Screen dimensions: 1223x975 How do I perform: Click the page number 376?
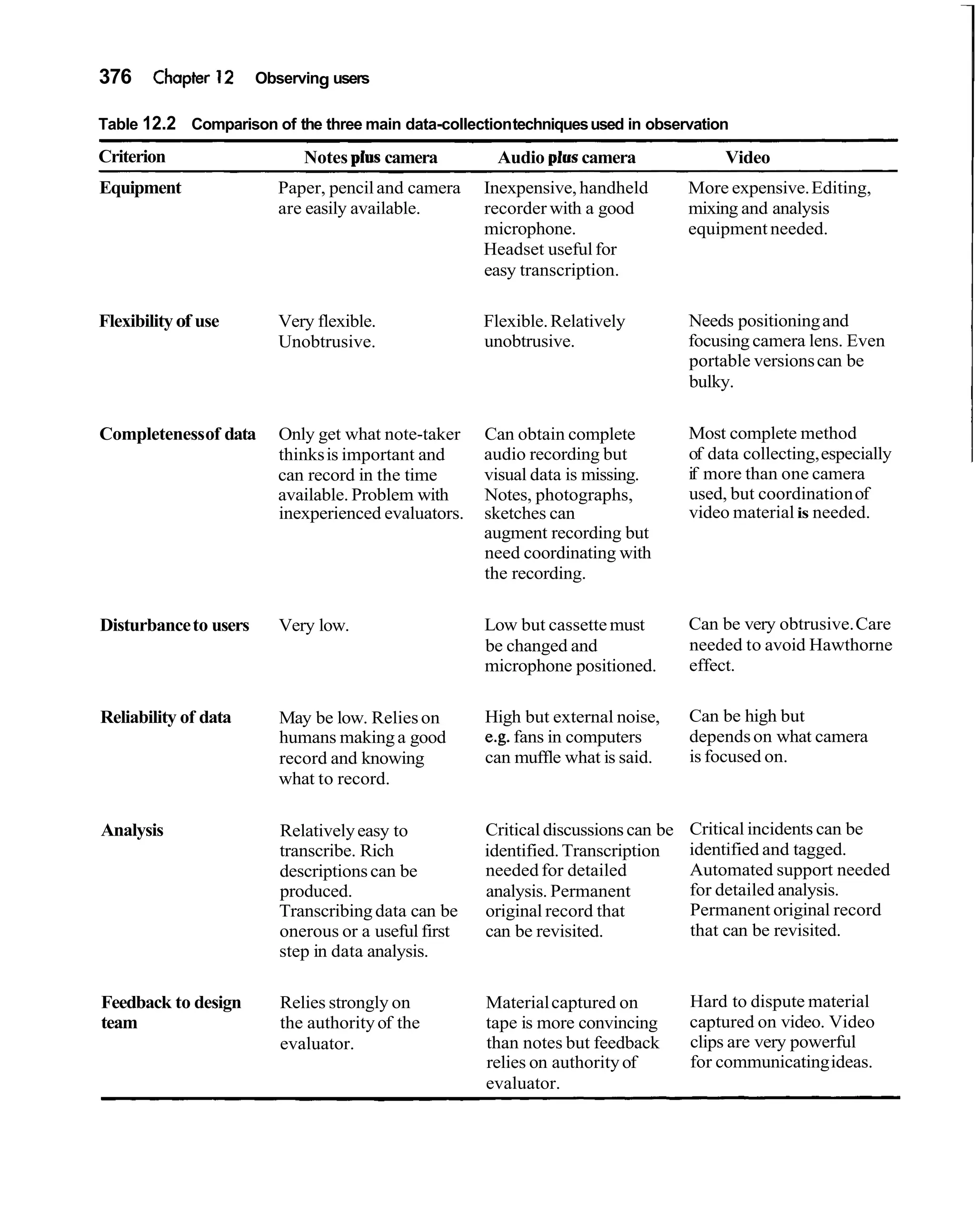click(x=115, y=77)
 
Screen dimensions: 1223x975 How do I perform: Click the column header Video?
click(x=747, y=157)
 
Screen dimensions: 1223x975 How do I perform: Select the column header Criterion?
click(x=132, y=157)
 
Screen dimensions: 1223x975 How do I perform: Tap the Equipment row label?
click(x=140, y=188)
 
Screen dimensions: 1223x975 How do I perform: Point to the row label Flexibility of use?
click(x=159, y=321)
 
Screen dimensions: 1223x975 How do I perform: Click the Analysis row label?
click(x=132, y=830)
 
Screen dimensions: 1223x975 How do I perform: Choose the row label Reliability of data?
click(x=165, y=717)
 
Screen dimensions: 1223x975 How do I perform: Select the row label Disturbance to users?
click(x=174, y=625)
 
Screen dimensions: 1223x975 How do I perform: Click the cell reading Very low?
click(x=313, y=625)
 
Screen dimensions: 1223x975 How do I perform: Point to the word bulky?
click(x=710, y=382)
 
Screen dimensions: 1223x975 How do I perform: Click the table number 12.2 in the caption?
click(x=159, y=124)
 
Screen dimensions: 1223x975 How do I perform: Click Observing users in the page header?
click(x=311, y=78)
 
